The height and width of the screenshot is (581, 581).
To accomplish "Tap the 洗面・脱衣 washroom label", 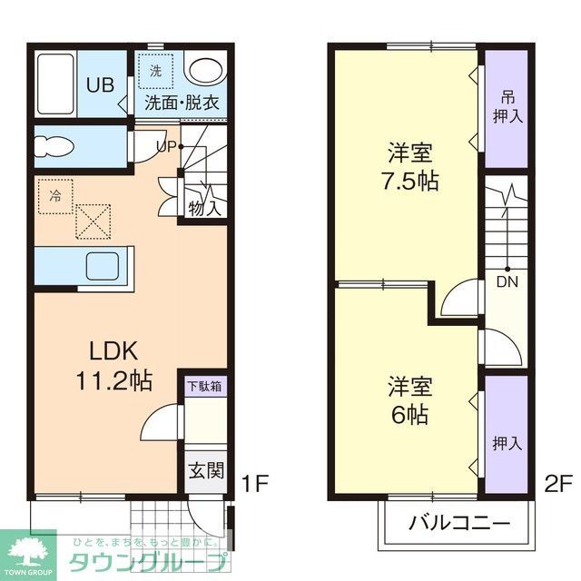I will click(x=182, y=103).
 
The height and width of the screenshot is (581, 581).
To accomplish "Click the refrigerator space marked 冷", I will click(x=56, y=195).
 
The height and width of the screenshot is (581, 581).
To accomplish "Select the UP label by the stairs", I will click(x=166, y=145).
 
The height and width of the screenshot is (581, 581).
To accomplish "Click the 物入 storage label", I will click(x=205, y=207).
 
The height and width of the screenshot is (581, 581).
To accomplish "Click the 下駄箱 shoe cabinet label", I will click(x=204, y=386).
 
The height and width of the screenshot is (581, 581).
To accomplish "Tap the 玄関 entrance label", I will click(x=206, y=470).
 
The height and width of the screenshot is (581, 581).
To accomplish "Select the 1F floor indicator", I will click(x=256, y=482).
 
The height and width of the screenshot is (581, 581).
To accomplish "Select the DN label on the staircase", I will click(x=507, y=281).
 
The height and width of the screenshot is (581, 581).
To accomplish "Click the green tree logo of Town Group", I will click(x=26, y=547).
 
